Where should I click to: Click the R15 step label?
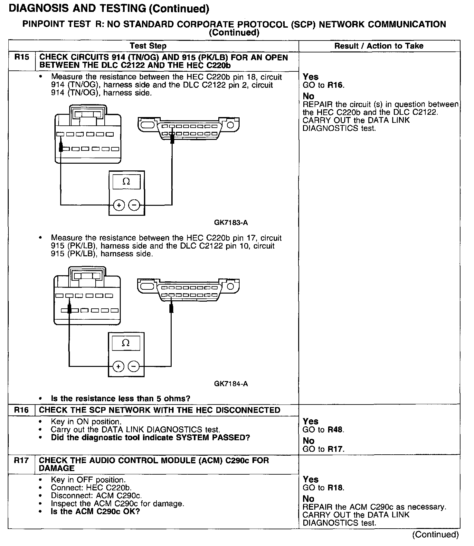pyautogui.click(x=22, y=58)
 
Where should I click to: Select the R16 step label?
pyautogui.click(x=22, y=410)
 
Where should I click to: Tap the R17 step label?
pyautogui.click(x=22, y=460)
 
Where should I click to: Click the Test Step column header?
pyautogui.click(x=148, y=46)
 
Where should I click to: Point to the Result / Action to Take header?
pyautogui.click(x=379, y=46)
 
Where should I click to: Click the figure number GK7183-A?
pyautogui.click(x=231, y=223)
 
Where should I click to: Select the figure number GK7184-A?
pyautogui.click(x=231, y=384)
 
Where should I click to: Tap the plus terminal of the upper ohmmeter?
pyautogui.click(x=119, y=205)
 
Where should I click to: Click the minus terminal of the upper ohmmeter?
pyautogui.click(x=134, y=205)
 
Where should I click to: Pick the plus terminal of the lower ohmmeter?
pyautogui.click(x=118, y=366)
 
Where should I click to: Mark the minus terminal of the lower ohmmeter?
pyautogui.click(x=134, y=366)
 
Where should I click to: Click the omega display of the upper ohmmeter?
pyautogui.click(x=127, y=182)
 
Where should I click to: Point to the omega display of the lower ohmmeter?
pyautogui.click(x=126, y=343)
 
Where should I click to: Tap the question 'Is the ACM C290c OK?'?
pyautogui.click(x=95, y=511)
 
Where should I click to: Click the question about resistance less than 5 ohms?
pyautogui.click(x=121, y=399)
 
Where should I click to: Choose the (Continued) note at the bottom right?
pyautogui.click(x=435, y=534)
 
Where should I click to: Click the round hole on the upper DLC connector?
pyautogui.click(x=231, y=125)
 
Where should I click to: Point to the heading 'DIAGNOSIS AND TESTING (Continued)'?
pyautogui.click(x=109, y=9)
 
